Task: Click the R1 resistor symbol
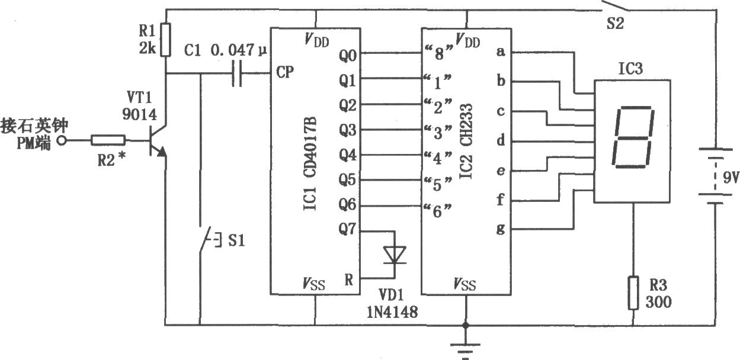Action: click(165, 40)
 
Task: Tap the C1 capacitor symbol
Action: click(236, 73)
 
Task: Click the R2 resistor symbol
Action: click(108, 140)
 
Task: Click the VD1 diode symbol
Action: click(395, 255)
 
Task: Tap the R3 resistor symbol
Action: click(633, 293)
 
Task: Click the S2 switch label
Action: click(615, 24)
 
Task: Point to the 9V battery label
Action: click(731, 178)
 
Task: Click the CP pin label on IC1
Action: click(285, 72)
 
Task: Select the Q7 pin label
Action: click(347, 229)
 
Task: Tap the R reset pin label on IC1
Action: click(349, 279)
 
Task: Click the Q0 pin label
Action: click(348, 56)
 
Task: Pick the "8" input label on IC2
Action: click(439, 53)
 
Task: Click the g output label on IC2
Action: click(501, 229)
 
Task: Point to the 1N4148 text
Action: click(392, 312)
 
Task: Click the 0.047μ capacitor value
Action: click(239, 50)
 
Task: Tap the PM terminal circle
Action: click(61, 141)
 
